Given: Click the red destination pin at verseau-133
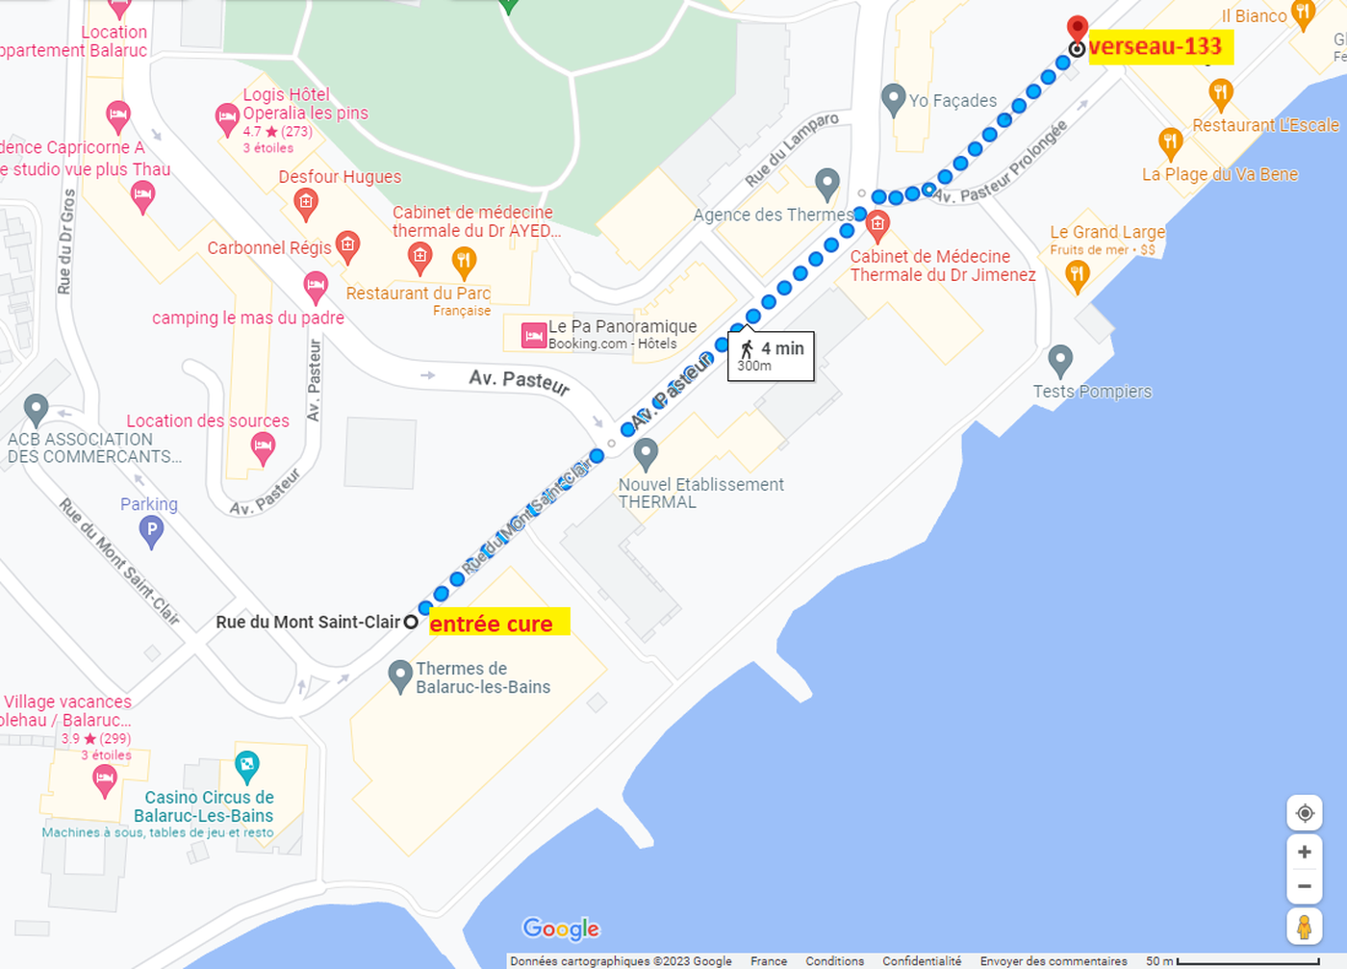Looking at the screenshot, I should point(1078,28).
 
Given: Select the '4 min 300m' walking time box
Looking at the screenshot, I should point(771,356).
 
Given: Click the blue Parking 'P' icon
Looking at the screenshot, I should point(151,529).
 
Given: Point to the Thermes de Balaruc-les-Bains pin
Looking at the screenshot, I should point(400,675).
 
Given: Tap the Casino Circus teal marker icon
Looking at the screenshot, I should point(247,765).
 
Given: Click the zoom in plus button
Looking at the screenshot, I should point(1304,852).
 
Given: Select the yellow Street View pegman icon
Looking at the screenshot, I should point(1304,927).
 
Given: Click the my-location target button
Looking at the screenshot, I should point(1304,813).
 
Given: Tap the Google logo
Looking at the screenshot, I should point(561,929).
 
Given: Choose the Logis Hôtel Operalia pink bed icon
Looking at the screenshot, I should point(227,119).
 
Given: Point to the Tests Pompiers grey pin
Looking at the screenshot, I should point(1059,361).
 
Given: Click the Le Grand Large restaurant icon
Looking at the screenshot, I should point(1077,275).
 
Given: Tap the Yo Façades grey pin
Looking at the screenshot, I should point(893,98).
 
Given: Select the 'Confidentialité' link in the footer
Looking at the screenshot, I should point(921,961).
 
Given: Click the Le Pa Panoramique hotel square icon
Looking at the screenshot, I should point(534,335).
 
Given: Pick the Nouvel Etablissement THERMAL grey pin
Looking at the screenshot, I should point(646,452).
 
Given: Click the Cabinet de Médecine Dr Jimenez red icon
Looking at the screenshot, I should point(877,226).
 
